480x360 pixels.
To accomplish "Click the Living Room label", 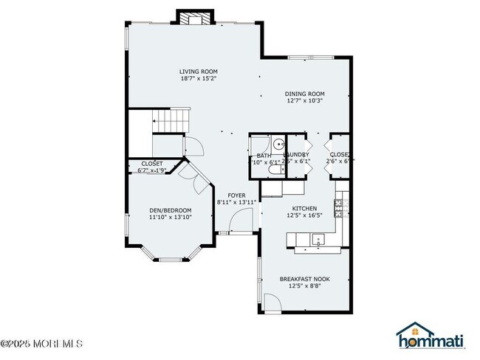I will coord(198,72).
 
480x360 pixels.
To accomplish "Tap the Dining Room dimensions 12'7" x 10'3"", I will coord(305,100).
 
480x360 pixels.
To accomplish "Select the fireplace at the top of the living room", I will coord(195,17).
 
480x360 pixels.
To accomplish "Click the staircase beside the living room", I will coord(171,120).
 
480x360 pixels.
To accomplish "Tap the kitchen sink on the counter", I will coord(318,238).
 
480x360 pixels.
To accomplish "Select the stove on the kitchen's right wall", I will coord(341,209).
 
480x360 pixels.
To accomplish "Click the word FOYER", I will coord(236,195).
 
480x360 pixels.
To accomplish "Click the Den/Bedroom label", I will coord(171,210).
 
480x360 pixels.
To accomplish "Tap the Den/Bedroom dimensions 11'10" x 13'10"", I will coord(171,217).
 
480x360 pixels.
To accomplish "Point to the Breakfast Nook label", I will coord(305,278).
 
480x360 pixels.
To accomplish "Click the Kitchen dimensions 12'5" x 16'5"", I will coord(304,215).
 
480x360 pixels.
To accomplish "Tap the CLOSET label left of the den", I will coord(152,163).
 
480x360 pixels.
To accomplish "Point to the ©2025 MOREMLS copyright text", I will coord(42,344).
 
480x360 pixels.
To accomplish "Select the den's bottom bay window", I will coord(171,259).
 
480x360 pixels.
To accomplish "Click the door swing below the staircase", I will coord(191,145).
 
